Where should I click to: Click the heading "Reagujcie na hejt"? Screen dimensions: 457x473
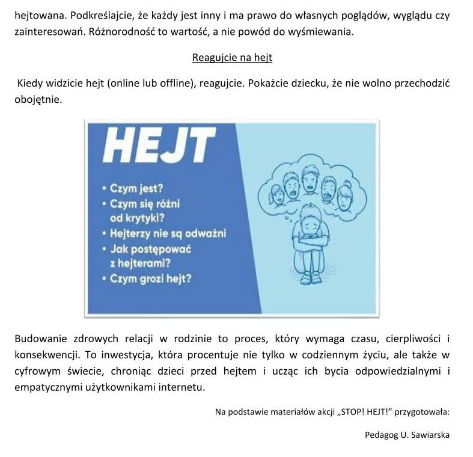point(232,58)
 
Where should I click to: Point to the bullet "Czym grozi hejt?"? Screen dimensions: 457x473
point(150,278)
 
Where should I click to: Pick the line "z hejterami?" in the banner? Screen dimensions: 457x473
point(145,263)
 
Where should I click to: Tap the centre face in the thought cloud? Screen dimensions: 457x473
point(310,180)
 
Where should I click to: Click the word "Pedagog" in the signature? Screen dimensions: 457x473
point(380,435)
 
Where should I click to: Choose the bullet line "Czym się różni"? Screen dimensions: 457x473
point(145,204)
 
